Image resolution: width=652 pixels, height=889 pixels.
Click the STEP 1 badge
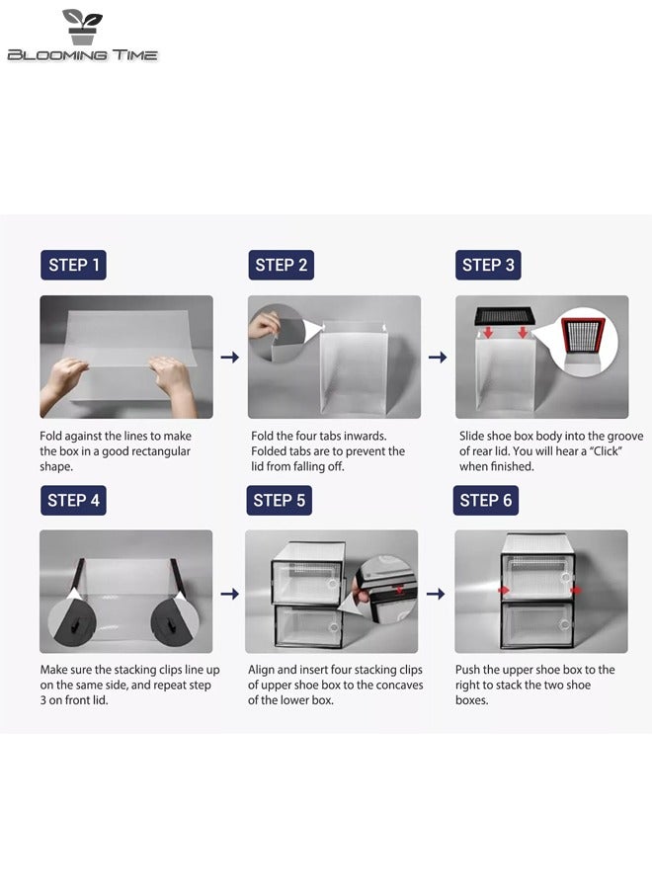tap(73, 265)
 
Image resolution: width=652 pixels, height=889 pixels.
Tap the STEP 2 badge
tap(282, 265)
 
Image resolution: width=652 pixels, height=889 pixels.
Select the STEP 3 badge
tap(488, 265)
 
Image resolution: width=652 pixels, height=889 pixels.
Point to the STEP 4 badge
tap(73, 500)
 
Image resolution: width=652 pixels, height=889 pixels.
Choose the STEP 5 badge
tap(279, 500)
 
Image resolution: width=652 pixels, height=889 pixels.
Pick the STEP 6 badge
tap(486, 500)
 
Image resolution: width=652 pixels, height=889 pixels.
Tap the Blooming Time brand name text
tap(82, 55)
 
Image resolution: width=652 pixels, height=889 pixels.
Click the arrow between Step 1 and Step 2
tap(229, 357)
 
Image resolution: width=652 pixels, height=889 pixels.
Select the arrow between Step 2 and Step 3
tap(437, 357)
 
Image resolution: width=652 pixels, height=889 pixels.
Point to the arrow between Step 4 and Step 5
tap(229, 594)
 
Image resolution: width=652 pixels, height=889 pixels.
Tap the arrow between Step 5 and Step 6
tap(436, 594)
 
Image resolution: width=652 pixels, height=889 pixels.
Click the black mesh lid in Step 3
tap(505, 315)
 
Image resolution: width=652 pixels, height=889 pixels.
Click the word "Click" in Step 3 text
tap(607, 451)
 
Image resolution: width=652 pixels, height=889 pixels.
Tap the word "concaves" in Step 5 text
tap(400, 685)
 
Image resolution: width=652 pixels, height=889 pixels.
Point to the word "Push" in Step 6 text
tap(467, 670)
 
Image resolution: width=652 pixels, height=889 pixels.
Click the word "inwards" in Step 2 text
tap(366, 436)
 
